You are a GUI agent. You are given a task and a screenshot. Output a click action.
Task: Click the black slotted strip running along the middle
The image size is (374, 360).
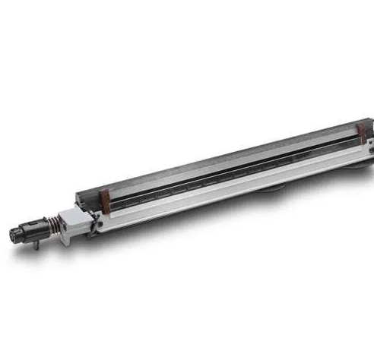[x=228, y=172]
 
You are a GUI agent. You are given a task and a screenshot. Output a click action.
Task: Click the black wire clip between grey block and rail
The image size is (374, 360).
[x=96, y=224]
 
